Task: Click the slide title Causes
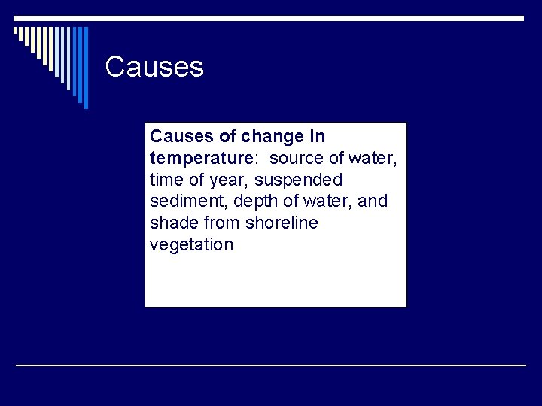(154, 67)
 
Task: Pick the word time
(165, 180)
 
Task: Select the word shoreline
(281, 223)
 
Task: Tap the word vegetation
(192, 245)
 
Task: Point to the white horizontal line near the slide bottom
(271, 365)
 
